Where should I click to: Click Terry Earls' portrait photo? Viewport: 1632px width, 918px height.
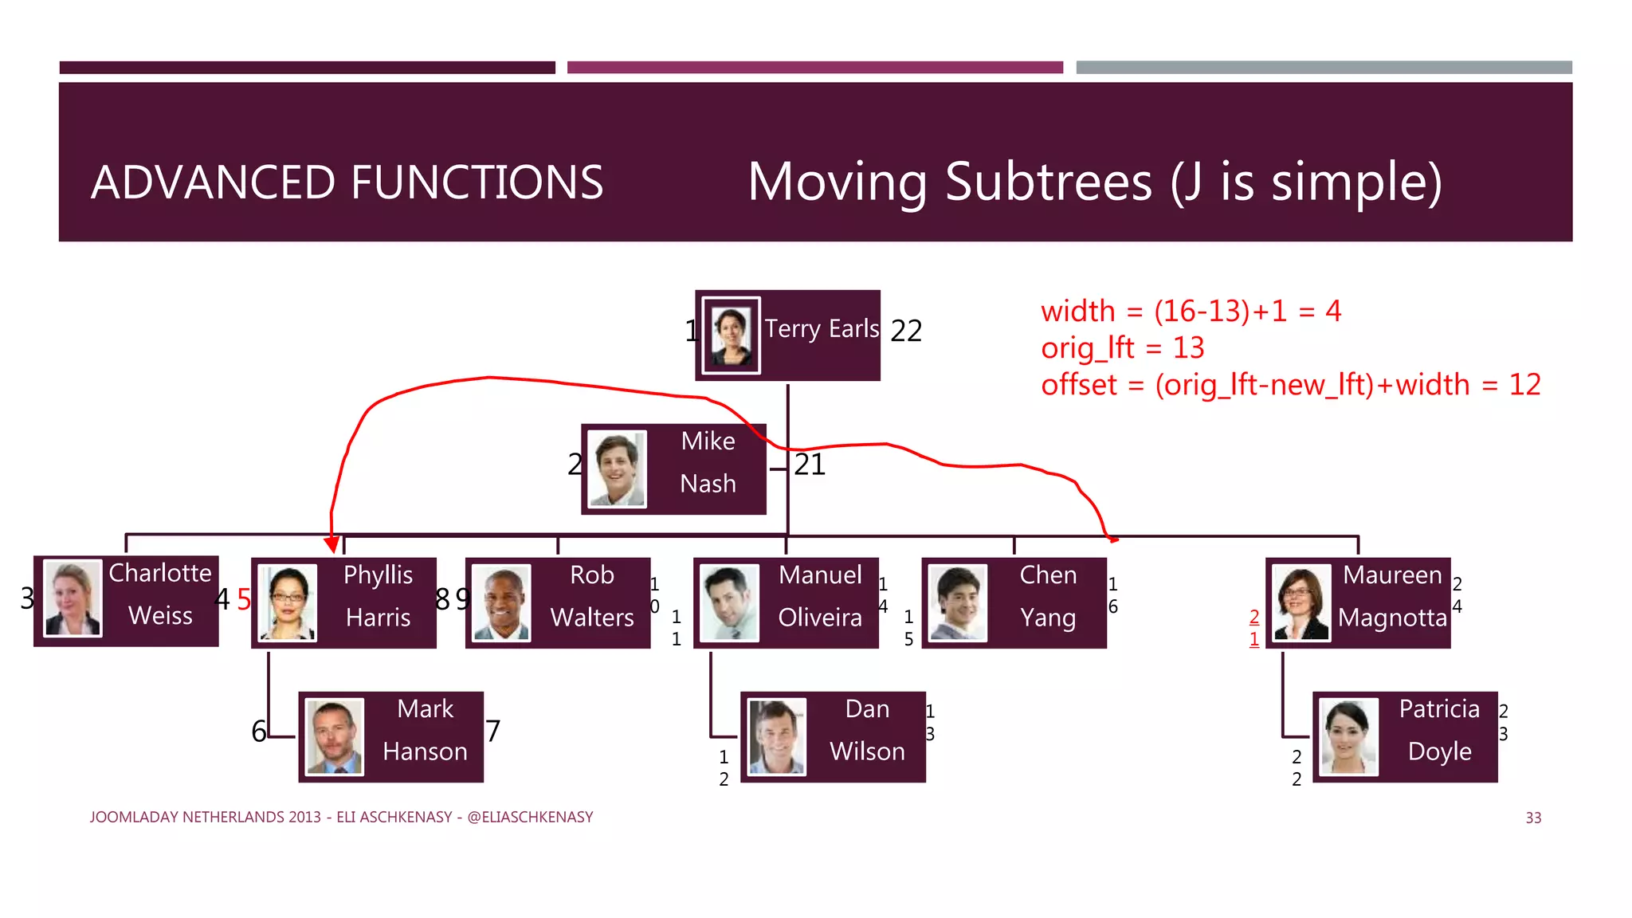(x=731, y=335)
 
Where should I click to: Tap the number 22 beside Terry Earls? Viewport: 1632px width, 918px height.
(x=906, y=331)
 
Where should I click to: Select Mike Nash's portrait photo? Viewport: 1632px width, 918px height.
(x=617, y=469)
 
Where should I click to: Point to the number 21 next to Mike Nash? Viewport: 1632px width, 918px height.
(x=810, y=465)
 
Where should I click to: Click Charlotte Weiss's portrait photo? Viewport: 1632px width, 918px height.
(x=73, y=599)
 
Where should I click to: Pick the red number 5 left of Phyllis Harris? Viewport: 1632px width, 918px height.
(x=244, y=599)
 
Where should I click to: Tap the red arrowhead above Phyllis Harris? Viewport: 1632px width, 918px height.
(x=332, y=545)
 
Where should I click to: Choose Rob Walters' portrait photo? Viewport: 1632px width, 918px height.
(x=501, y=603)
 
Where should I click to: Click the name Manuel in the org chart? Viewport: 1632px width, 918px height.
(x=820, y=575)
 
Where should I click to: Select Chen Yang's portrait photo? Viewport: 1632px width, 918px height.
(x=958, y=603)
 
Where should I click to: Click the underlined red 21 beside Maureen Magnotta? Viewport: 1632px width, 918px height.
(x=1254, y=628)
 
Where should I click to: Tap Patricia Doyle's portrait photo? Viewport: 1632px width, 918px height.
(x=1348, y=737)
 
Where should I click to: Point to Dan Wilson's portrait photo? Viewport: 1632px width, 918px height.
(x=777, y=737)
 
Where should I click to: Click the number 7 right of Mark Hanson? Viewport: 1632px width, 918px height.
(x=493, y=731)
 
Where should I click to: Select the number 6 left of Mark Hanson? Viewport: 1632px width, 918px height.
(x=259, y=731)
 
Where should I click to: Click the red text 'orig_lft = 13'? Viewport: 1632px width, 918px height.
(x=1122, y=348)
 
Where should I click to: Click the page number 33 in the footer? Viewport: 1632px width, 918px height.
(x=1533, y=818)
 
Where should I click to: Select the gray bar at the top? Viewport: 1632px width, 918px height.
(x=1324, y=68)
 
